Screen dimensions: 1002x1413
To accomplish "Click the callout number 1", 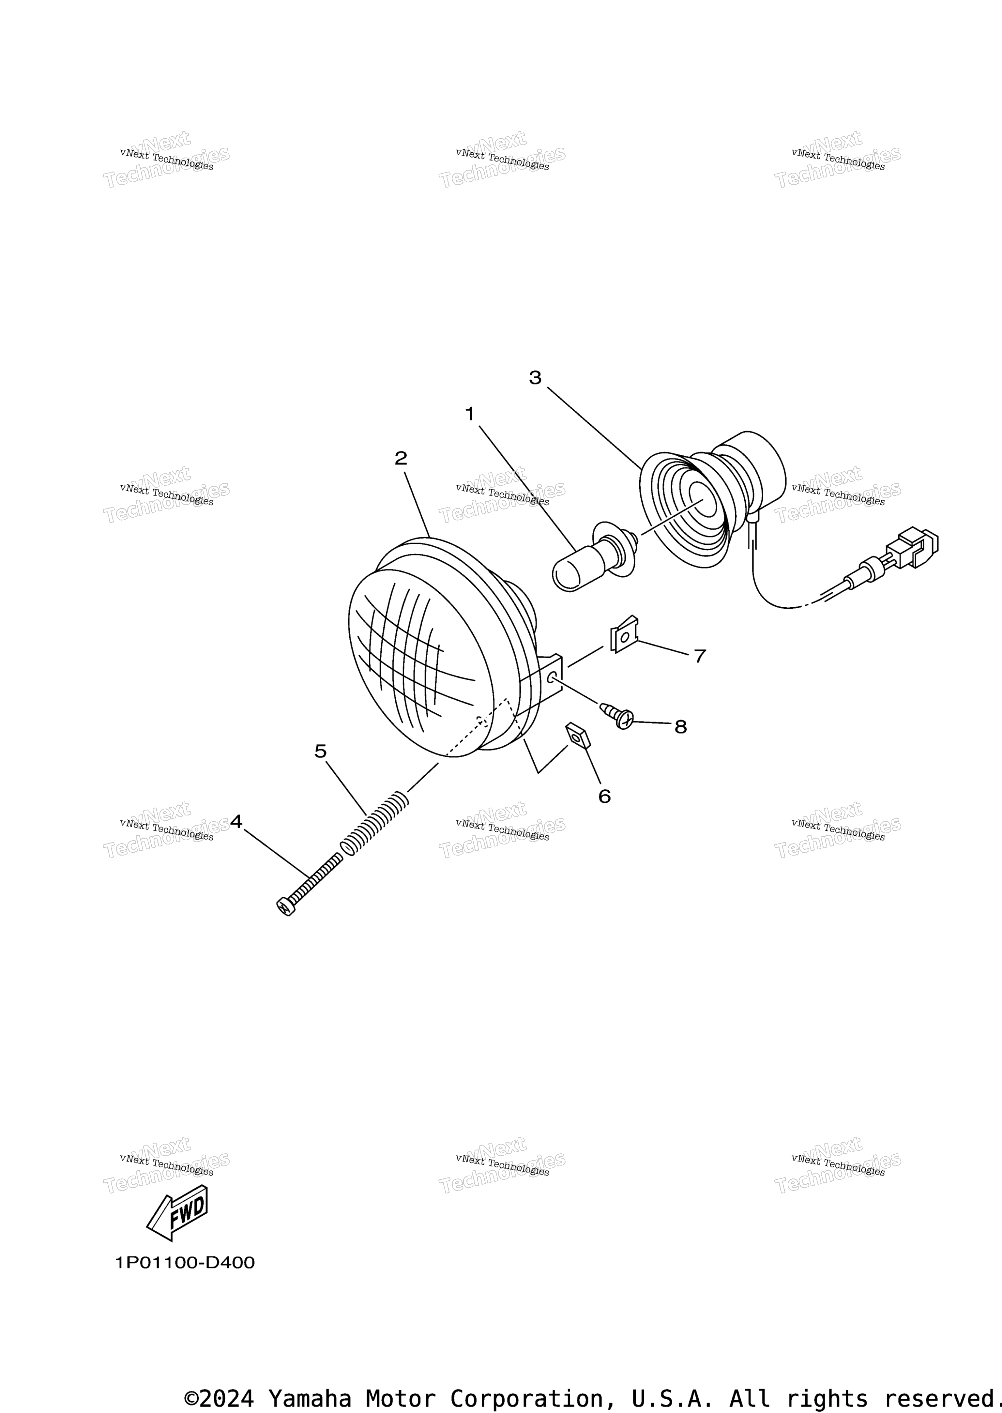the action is tap(470, 413).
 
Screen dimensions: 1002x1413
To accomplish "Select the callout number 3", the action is tap(535, 378).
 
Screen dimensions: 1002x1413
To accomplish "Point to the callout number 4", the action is tap(236, 821).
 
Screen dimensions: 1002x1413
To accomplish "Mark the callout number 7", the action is tap(700, 656).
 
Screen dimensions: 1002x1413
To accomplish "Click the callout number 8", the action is tap(680, 727).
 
